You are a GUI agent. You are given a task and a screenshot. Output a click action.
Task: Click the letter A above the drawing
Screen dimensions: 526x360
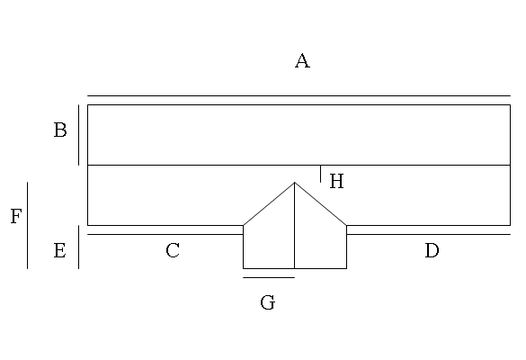click(302, 61)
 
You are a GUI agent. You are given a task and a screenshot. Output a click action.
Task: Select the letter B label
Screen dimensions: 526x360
click(60, 130)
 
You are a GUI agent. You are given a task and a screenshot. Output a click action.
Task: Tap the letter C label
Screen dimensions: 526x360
click(173, 250)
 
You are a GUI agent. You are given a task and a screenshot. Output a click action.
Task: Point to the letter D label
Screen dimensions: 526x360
click(432, 250)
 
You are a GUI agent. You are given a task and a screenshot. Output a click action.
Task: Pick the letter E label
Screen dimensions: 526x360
click(59, 250)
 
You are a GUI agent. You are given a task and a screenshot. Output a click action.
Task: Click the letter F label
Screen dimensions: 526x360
click(16, 216)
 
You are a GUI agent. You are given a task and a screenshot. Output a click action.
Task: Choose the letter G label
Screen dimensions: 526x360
click(268, 302)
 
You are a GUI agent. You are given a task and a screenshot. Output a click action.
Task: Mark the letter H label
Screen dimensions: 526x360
click(337, 181)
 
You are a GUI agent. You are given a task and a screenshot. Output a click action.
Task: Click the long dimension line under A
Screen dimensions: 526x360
click(299, 95)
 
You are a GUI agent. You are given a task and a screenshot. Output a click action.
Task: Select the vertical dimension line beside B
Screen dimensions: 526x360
click(79, 135)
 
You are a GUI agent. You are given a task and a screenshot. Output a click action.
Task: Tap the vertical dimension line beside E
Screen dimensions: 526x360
click(79, 247)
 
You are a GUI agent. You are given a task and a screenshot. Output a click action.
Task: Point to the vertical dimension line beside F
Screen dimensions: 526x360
click(28, 225)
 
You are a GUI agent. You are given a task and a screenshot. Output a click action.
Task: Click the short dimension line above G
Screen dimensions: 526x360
click(269, 277)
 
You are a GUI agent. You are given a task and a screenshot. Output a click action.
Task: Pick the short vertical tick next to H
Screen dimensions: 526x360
click(320, 174)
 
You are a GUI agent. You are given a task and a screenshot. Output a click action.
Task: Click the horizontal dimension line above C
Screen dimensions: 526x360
click(165, 234)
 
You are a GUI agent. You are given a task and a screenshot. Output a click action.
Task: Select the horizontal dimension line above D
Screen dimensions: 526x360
click(428, 234)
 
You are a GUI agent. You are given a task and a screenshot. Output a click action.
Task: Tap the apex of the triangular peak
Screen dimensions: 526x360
click(295, 183)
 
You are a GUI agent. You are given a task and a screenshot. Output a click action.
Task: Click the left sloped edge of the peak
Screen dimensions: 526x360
click(269, 203)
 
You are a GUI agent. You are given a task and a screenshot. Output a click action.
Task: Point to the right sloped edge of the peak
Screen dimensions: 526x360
click(320, 203)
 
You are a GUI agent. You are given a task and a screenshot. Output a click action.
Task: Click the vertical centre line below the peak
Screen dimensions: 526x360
click(295, 225)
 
